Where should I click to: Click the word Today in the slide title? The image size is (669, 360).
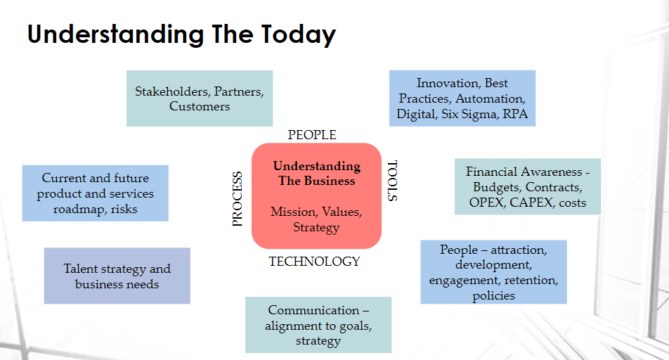coord(299,35)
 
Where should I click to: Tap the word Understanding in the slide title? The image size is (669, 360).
coord(116,35)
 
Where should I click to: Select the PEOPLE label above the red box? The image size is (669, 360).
coord(312,135)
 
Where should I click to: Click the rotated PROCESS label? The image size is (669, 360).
coord(238,198)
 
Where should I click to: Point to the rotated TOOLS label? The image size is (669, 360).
coord(393,181)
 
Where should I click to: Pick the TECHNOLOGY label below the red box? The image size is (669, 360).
coord(314,262)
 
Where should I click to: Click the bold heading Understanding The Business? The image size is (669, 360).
coord(316,174)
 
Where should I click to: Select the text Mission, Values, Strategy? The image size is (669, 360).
coord(316,219)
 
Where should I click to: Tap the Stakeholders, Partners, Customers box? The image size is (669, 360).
coord(200,98)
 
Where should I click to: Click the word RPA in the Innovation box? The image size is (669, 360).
coord(515,114)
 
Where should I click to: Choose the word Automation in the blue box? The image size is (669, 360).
coord(491,98)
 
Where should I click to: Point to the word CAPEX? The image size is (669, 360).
coord(531,202)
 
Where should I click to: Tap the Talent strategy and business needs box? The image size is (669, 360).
coord(117,276)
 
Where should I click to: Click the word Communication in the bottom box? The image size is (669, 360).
coord(313,310)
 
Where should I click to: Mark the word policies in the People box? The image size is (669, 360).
coord(493,295)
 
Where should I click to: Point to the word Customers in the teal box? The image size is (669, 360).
coord(200,106)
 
